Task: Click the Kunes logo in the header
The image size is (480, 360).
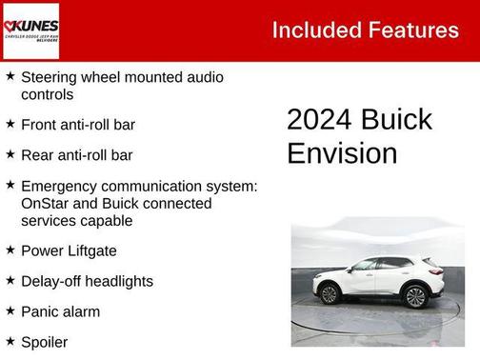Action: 31,30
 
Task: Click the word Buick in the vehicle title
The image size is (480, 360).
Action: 397,120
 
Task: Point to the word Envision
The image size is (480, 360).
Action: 342,153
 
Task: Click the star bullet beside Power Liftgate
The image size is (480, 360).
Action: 10,250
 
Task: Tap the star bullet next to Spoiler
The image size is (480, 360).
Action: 10,340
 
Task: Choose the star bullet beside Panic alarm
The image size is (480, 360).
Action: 10,310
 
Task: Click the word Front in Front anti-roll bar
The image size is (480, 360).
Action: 39,125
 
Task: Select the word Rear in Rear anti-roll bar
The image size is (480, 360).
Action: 37,155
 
